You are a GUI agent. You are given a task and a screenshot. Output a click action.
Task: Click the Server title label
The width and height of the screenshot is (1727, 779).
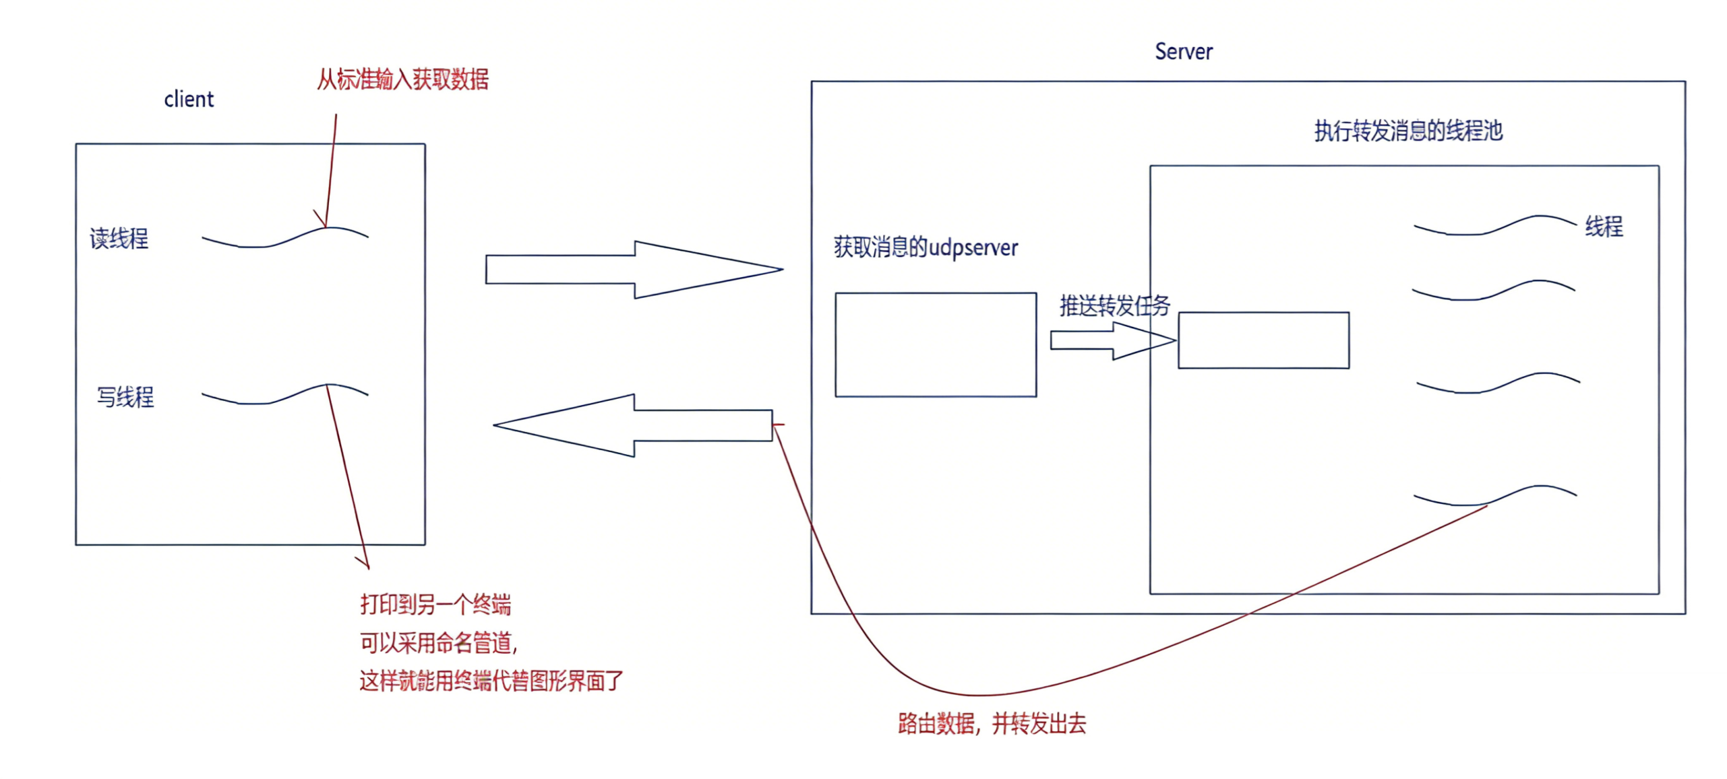click(1184, 52)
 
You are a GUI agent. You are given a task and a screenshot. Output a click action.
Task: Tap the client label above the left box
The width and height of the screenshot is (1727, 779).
click(189, 100)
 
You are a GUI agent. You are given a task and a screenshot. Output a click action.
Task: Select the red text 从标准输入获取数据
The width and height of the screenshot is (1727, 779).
click(402, 80)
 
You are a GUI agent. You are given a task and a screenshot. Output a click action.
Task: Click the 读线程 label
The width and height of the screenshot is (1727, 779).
click(119, 239)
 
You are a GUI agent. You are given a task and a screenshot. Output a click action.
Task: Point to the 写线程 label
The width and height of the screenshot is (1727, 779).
click(125, 397)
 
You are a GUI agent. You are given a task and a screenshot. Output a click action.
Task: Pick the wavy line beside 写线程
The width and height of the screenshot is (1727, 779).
click(284, 394)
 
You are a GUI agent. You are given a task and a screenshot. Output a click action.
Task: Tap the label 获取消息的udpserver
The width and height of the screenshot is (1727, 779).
click(926, 248)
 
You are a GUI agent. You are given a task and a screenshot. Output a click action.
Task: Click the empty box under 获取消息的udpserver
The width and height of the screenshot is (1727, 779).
click(936, 344)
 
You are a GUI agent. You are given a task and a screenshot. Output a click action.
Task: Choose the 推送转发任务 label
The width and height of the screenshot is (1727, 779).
click(1114, 306)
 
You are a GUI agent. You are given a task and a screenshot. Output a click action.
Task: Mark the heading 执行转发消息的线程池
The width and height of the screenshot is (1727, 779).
click(1408, 131)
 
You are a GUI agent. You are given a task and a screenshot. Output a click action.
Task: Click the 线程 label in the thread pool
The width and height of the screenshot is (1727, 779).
click(1604, 226)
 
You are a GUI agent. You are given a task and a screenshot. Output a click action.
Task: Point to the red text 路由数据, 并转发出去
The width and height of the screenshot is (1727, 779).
click(992, 724)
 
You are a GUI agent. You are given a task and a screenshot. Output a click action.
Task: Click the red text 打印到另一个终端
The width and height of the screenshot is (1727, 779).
click(435, 604)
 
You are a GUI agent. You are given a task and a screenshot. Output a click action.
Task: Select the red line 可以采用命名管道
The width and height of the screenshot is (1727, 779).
click(438, 643)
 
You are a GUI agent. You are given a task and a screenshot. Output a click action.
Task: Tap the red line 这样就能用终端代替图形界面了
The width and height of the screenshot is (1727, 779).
click(491, 681)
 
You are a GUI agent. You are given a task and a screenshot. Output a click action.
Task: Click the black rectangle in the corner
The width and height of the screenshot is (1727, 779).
click(1573, 726)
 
